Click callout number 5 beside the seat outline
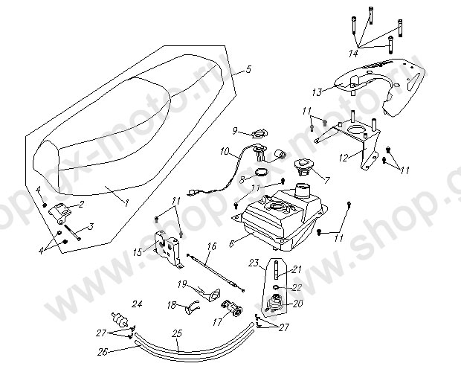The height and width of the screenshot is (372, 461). [248, 69]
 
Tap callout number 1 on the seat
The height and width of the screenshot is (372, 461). [126, 202]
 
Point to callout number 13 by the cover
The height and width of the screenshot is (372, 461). [317, 92]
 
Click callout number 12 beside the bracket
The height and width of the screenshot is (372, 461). [343, 158]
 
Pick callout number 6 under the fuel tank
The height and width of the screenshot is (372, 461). [232, 242]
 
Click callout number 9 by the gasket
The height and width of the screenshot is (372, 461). [234, 131]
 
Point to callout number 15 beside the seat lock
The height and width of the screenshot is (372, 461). [136, 252]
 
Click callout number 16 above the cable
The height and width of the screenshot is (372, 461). [211, 245]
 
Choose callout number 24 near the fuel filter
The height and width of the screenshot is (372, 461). [137, 304]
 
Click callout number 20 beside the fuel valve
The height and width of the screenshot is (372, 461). [299, 303]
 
